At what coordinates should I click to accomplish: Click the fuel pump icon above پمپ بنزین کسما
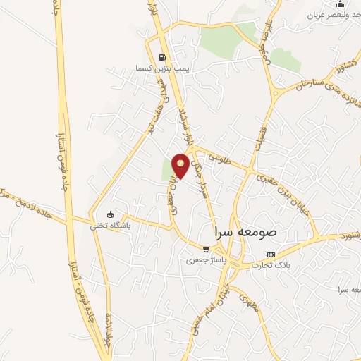point(163,59)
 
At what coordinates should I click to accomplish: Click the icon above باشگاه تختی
point(109,214)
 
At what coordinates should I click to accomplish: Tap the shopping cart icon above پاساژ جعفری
point(205,248)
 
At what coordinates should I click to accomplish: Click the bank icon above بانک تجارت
point(271,255)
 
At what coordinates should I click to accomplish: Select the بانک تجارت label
point(271,265)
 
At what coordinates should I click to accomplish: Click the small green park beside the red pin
point(168,169)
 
